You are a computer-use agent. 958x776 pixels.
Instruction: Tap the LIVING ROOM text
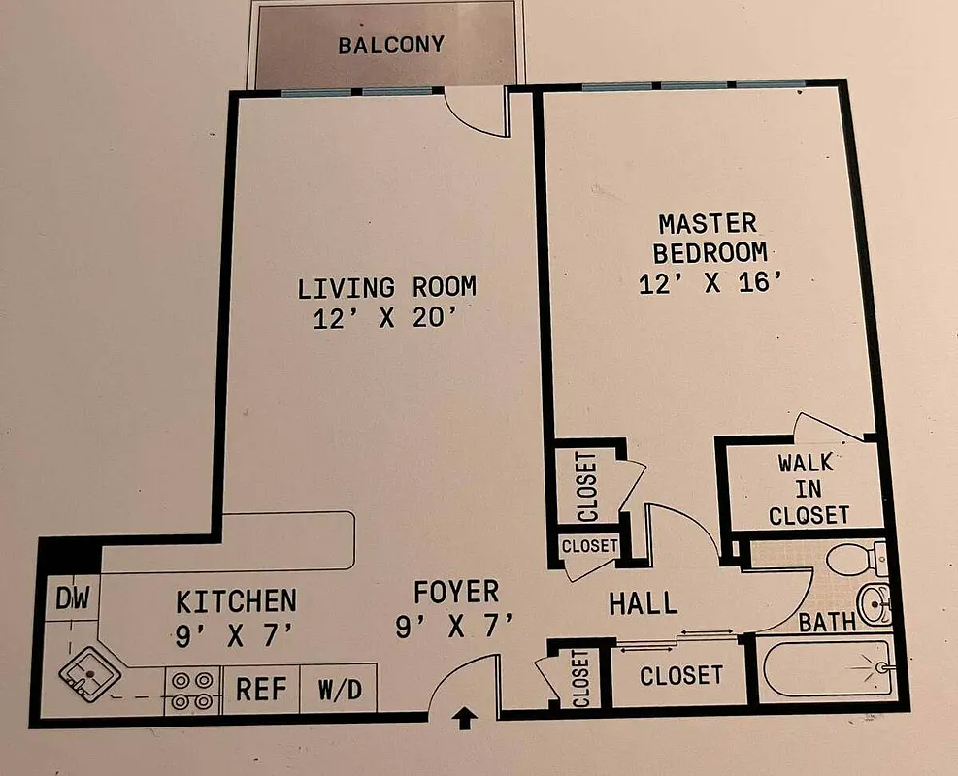tap(386, 287)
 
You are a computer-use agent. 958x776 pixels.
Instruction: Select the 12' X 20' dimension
tap(386, 319)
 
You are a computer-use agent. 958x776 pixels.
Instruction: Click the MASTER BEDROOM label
tap(709, 238)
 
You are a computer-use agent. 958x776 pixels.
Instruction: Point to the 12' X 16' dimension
tap(710, 284)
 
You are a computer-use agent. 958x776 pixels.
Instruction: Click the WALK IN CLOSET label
tap(808, 489)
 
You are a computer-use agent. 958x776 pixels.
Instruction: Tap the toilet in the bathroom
tap(852, 560)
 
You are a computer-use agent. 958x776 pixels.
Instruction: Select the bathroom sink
tap(875, 605)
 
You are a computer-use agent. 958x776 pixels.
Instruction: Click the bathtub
tap(825, 668)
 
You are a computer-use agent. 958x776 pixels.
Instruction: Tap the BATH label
tap(827, 622)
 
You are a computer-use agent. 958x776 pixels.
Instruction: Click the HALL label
tap(643, 603)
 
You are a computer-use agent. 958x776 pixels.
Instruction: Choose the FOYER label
tap(455, 591)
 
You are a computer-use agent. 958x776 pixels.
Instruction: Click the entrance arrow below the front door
tap(464, 719)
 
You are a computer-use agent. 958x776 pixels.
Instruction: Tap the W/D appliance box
tap(337, 690)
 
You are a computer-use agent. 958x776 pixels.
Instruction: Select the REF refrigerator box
tap(261, 690)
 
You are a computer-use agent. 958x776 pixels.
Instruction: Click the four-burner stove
tap(191, 690)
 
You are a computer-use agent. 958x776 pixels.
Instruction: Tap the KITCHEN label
tap(235, 601)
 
